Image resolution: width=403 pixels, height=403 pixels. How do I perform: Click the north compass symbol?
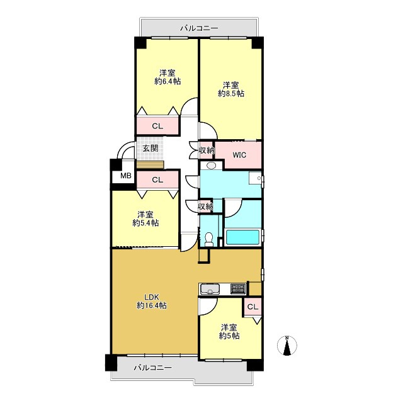pyautogui.click(x=287, y=346)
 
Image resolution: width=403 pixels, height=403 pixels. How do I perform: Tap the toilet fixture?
pyautogui.click(x=209, y=239)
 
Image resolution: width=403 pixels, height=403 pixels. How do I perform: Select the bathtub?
pyautogui.click(x=242, y=237)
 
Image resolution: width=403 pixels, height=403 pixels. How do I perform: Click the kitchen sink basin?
pyautogui.click(x=210, y=288)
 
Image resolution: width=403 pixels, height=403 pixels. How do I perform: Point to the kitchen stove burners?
pyautogui.click(x=238, y=288)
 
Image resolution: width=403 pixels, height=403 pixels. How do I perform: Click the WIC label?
pyautogui.click(x=239, y=155)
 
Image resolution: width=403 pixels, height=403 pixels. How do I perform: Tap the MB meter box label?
pyautogui.click(x=126, y=176)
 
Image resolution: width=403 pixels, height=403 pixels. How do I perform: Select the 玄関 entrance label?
pyautogui.click(x=150, y=149)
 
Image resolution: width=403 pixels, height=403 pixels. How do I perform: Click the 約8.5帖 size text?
pyautogui.click(x=231, y=94)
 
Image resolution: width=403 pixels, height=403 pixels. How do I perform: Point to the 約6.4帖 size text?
pyautogui.click(x=167, y=81)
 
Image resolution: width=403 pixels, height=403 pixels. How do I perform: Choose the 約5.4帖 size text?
pyautogui.click(x=145, y=223)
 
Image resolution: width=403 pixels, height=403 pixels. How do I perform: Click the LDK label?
pyautogui.click(x=152, y=297)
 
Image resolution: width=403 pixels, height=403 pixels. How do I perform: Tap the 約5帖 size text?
pyautogui.click(x=229, y=336)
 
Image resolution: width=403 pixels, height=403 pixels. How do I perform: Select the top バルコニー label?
pyautogui.click(x=199, y=28)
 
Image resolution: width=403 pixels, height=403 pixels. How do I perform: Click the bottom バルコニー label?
pyautogui.click(x=152, y=368)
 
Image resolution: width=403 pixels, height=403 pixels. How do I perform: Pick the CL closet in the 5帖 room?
pyautogui.click(x=253, y=307)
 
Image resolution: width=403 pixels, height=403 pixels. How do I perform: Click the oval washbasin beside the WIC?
pyautogui.click(x=212, y=166)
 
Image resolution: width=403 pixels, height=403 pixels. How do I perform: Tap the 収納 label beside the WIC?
pyautogui.click(x=207, y=150)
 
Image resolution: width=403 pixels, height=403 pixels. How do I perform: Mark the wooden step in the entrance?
pyautogui.click(x=150, y=165)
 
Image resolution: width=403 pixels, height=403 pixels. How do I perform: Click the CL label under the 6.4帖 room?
pyautogui.click(x=157, y=126)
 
